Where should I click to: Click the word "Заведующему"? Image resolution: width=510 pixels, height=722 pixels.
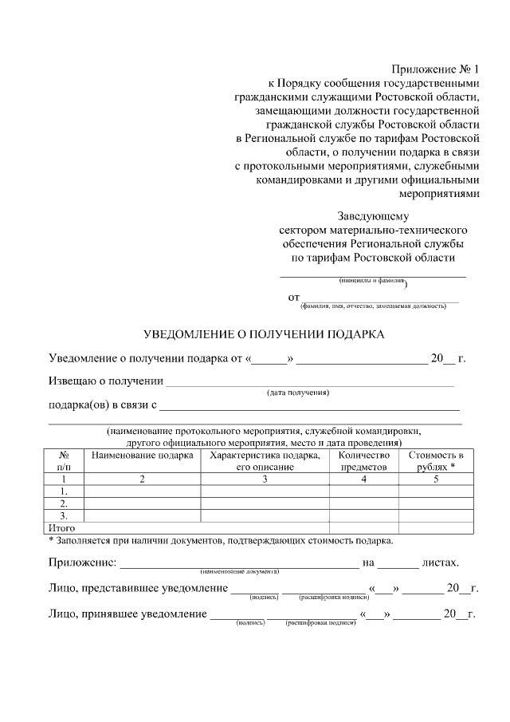(x=373, y=215)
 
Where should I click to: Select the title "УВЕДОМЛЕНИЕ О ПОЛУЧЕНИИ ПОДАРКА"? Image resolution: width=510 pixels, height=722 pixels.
(x=264, y=333)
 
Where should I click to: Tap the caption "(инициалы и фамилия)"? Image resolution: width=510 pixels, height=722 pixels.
(x=372, y=282)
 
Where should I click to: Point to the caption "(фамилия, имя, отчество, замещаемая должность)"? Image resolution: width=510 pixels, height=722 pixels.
(x=373, y=306)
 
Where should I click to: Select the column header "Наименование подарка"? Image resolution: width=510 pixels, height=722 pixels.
(x=143, y=456)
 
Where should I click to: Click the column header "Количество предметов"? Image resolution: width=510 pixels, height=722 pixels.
(x=363, y=461)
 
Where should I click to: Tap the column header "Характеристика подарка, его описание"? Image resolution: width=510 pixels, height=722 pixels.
(x=265, y=461)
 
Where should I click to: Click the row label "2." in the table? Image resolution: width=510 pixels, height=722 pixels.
(x=64, y=503)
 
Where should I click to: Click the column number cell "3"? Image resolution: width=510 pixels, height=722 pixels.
(x=265, y=479)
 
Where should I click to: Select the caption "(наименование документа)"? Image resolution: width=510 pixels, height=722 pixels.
(x=239, y=572)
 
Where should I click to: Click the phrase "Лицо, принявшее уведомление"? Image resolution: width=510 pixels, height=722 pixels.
(x=127, y=614)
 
